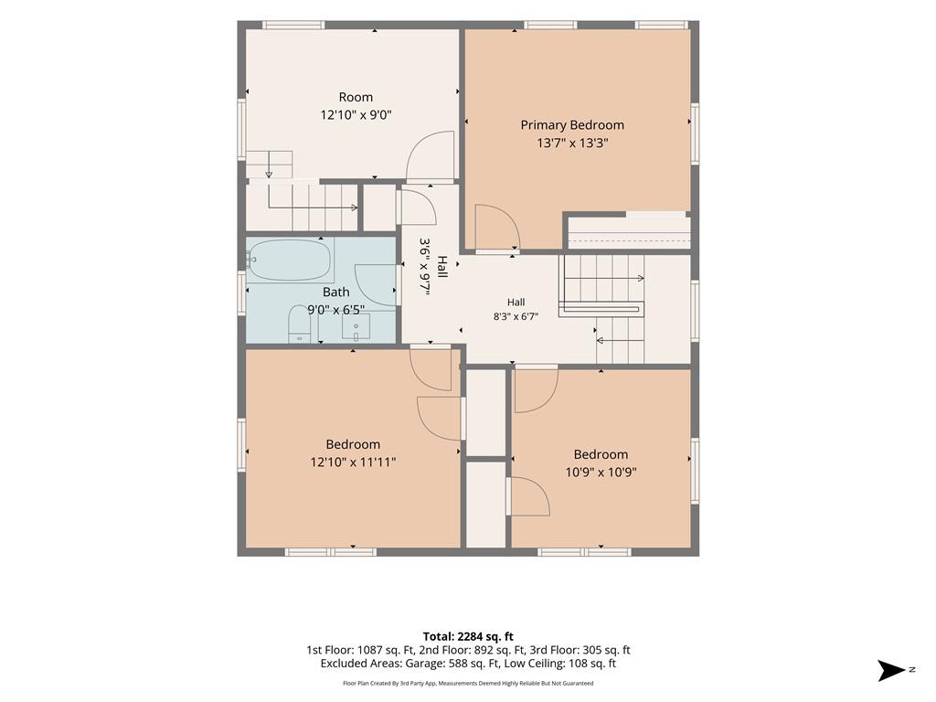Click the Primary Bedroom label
coord(572,124)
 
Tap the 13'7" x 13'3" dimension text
coord(572,143)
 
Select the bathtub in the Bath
coord(290,260)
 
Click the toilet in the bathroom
coord(300,324)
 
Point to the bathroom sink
coord(356,327)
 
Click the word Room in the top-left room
coord(356,97)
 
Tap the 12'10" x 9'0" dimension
coord(356,114)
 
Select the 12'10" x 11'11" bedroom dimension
coord(353,462)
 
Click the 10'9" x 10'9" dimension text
coord(601,473)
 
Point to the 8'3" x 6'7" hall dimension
coord(516,316)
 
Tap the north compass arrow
coord(891,670)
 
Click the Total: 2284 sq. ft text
coord(468,636)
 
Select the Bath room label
coord(336,292)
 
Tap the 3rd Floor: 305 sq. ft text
coord(580,650)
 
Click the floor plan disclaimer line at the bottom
coord(468,683)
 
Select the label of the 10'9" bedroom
coord(601,454)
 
